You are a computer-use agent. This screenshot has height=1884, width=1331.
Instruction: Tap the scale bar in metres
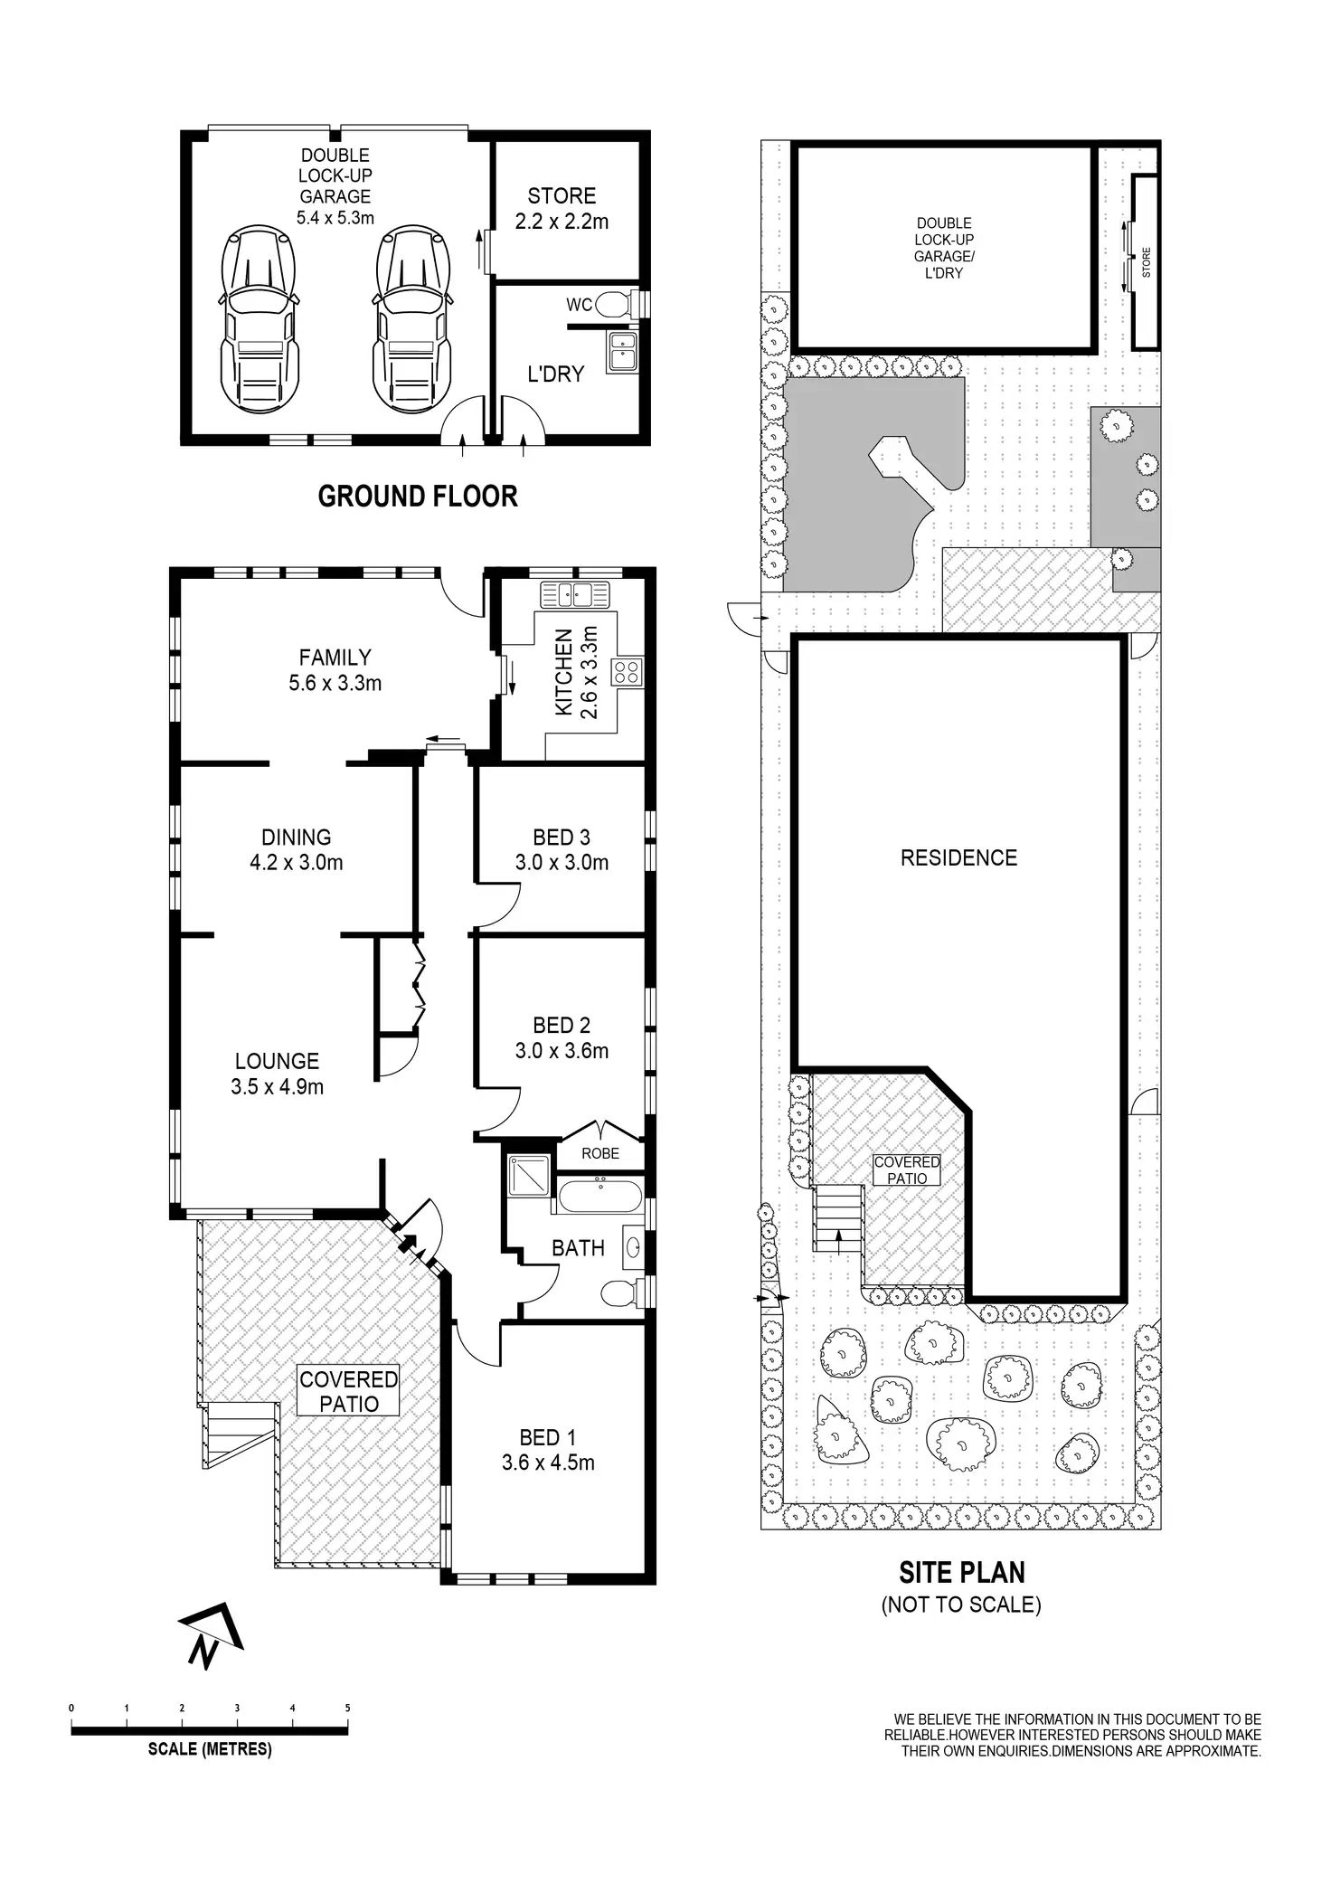coord(210,1730)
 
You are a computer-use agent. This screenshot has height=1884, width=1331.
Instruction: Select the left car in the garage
coord(259,318)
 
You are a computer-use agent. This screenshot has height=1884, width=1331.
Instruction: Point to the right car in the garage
coord(412,318)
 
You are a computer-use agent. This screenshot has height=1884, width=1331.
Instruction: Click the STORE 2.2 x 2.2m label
coord(562,209)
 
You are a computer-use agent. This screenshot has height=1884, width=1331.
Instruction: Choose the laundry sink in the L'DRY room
coord(622,352)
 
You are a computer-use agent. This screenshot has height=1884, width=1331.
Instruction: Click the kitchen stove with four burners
coord(627,672)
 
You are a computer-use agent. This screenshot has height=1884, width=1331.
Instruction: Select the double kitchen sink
coord(575,595)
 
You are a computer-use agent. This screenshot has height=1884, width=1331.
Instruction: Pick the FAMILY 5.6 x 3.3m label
coord(335,670)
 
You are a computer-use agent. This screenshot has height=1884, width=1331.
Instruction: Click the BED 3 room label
coord(562,849)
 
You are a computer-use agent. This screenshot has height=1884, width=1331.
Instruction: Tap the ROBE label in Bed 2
coord(600,1153)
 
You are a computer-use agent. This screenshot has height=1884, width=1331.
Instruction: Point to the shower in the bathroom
coord(528,1174)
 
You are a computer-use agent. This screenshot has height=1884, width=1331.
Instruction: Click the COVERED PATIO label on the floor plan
coord(348,1391)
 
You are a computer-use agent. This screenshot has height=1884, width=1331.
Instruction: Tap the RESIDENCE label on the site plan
coord(958,857)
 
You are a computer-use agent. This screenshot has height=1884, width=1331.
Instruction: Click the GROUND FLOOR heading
coord(418,497)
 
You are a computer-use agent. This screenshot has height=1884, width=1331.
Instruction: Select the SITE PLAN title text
coord(961,1573)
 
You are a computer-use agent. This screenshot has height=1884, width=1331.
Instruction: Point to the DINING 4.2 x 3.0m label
coord(297,849)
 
